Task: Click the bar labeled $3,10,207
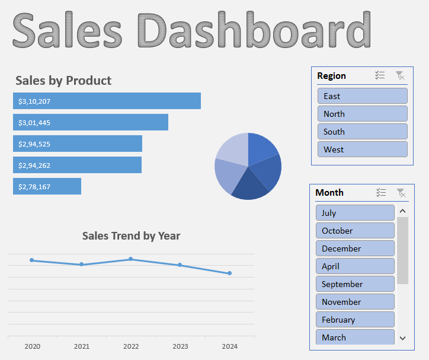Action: click(x=107, y=101)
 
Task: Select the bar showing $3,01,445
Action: click(x=91, y=122)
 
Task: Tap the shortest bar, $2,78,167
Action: click(x=47, y=186)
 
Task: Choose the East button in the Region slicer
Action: click(x=362, y=96)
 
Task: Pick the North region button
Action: click(x=362, y=114)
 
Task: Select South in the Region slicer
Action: click(x=362, y=132)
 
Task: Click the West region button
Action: click(x=362, y=149)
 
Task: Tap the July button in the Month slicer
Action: click(x=355, y=213)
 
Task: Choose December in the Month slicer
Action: click(x=355, y=249)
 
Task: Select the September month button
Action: click(x=355, y=284)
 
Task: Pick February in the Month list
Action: click(x=355, y=320)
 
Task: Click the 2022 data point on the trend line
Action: click(x=131, y=259)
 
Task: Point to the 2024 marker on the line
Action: click(x=229, y=273)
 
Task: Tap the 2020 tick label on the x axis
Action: click(x=33, y=346)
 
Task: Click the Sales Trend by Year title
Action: click(x=131, y=236)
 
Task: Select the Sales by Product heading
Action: click(x=63, y=81)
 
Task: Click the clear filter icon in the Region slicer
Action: click(x=400, y=75)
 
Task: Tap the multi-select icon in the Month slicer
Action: click(x=381, y=192)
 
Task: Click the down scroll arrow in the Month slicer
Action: click(x=403, y=338)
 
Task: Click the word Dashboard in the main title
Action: click(x=255, y=30)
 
